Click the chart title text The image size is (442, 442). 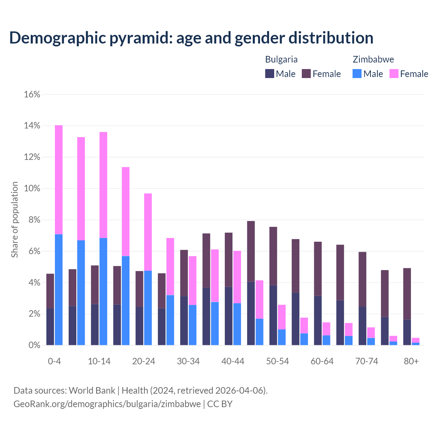[191, 38]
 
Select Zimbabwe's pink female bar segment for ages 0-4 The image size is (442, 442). [59, 180]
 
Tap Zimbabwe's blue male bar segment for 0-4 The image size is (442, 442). [59, 290]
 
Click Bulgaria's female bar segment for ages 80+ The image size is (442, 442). [407, 294]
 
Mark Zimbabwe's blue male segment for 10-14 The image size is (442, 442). [103, 291]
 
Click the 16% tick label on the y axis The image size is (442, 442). [32, 94]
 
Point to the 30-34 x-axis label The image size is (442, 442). [188, 362]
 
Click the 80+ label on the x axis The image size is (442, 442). [411, 362]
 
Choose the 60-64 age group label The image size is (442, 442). [322, 362]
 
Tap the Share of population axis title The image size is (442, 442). [15, 220]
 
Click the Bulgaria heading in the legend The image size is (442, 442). [281, 59]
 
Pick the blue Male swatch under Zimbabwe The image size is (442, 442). [357, 74]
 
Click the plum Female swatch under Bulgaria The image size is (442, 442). [306, 74]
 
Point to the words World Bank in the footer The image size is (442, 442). [92, 391]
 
